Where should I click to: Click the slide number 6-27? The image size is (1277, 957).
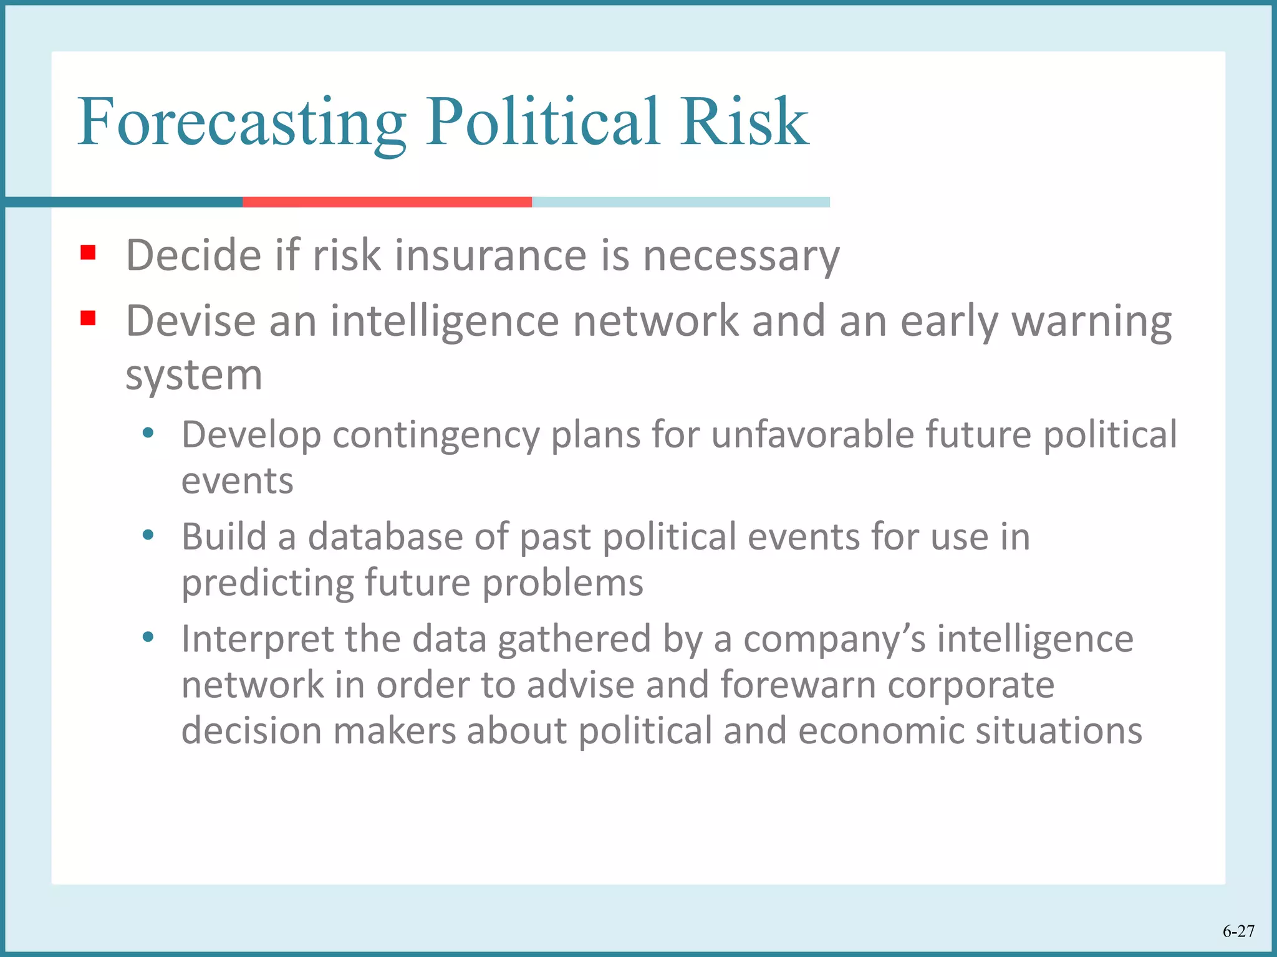pyautogui.click(x=1238, y=931)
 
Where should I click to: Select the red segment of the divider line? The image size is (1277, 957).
pyautogui.click(x=387, y=202)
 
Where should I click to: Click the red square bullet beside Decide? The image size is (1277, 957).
pyautogui.click(x=88, y=252)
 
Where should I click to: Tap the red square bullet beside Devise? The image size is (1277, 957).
pyautogui.click(x=88, y=318)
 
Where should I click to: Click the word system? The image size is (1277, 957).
pyautogui.click(x=194, y=376)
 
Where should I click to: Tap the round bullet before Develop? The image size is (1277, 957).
pyautogui.click(x=148, y=432)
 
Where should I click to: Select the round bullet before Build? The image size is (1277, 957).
pyautogui.click(x=148, y=535)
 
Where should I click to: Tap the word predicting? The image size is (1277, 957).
pyautogui.click(x=267, y=583)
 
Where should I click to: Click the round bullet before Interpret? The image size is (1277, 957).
pyautogui.click(x=148, y=637)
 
